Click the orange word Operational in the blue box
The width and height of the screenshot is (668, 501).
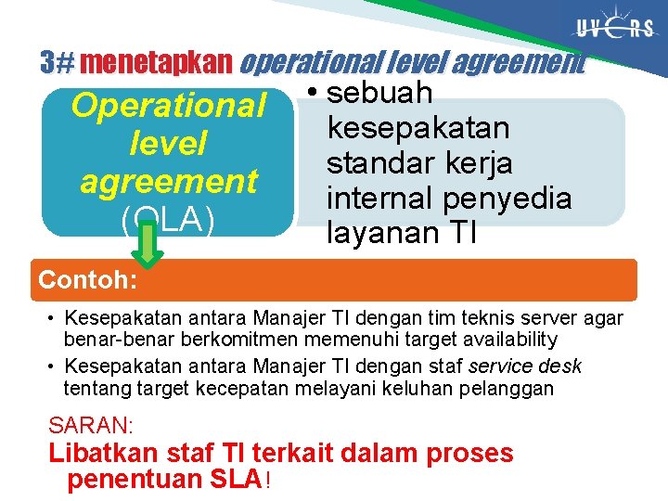tap(168, 106)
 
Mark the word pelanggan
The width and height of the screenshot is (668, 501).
tap(507, 388)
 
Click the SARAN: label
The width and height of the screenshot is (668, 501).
tap(91, 426)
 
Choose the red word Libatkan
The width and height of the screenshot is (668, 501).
tap(104, 454)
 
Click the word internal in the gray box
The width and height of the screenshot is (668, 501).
tap(381, 198)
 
